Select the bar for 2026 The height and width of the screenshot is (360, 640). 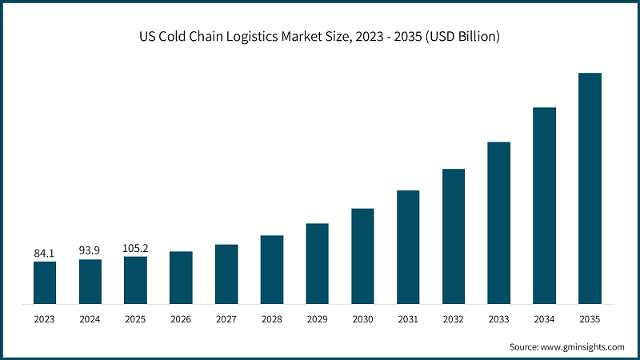181,278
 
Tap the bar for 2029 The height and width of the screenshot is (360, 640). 317,263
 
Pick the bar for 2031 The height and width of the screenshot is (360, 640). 408,247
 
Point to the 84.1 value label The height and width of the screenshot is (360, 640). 45,253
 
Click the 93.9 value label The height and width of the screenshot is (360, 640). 90,250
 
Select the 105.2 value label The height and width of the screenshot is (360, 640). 135,248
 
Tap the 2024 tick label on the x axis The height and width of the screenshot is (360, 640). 90,318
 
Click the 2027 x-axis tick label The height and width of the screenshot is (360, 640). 226,318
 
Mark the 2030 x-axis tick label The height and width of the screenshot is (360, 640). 362,318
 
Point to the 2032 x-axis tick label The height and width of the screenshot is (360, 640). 454,318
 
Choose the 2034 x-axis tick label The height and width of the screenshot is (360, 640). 544,318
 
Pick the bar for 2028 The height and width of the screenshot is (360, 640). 272,270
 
